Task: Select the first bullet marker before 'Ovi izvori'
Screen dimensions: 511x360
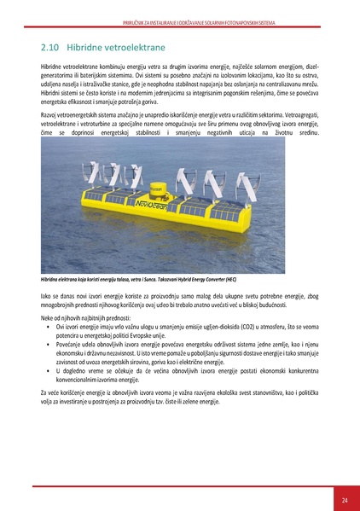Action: [48, 327]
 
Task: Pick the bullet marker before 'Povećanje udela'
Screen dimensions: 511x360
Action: [48, 343]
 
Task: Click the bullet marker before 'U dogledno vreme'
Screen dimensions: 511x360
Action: [48, 371]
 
